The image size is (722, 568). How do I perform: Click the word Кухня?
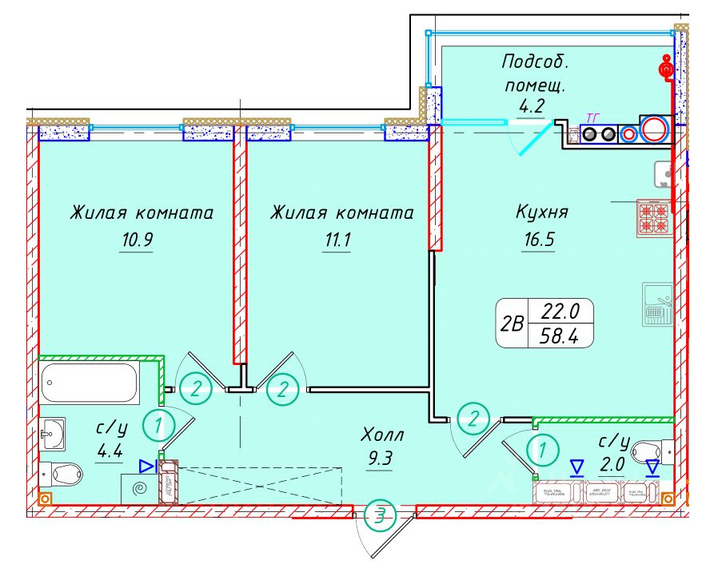[541, 213]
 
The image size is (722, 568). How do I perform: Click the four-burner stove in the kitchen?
[654, 217]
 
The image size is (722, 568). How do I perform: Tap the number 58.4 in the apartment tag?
[560, 336]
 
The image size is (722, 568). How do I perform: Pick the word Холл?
[383, 436]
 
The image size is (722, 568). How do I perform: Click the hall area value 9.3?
[380, 460]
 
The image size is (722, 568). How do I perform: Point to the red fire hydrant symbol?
[665, 69]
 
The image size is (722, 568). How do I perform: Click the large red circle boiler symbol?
[656, 129]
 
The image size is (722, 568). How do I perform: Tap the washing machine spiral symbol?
[140, 489]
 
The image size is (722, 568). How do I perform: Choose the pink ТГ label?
[592, 118]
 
